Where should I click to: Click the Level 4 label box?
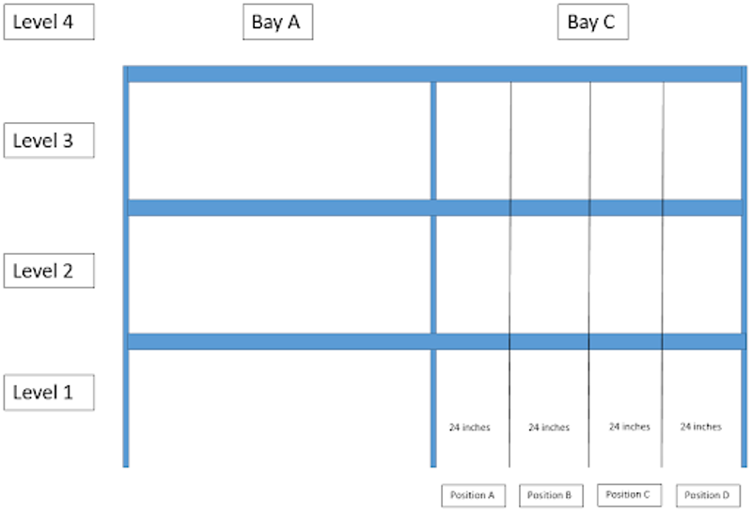pyautogui.click(x=49, y=23)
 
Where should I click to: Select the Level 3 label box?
pyautogui.click(x=49, y=141)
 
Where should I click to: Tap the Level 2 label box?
pyautogui.click(x=49, y=272)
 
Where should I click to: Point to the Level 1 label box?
pyautogui.click(x=49, y=392)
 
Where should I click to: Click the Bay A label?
pyautogui.click(x=276, y=23)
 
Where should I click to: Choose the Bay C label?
pyautogui.click(x=592, y=23)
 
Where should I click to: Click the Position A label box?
pyautogui.click(x=473, y=495)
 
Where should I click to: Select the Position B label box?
pyautogui.click(x=551, y=495)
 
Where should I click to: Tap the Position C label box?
pyautogui.click(x=629, y=494)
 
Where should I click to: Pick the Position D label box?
pyautogui.click(x=708, y=495)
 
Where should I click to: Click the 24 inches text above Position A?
pyautogui.click(x=469, y=428)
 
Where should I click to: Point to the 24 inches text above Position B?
pyautogui.click(x=549, y=428)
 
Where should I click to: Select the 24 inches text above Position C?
pyautogui.click(x=629, y=427)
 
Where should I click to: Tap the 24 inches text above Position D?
pyautogui.click(x=701, y=427)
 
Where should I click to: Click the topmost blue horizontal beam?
pyautogui.click(x=434, y=73)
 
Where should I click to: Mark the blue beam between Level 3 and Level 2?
pyautogui.click(x=434, y=208)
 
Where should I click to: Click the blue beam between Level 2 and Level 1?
pyautogui.click(x=434, y=341)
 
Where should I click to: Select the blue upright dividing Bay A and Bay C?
pyautogui.click(x=433, y=273)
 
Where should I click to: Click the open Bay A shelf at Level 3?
pyautogui.click(x=279, y=141)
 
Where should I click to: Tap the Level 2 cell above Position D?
pyautogui.click(x=702, y=274)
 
